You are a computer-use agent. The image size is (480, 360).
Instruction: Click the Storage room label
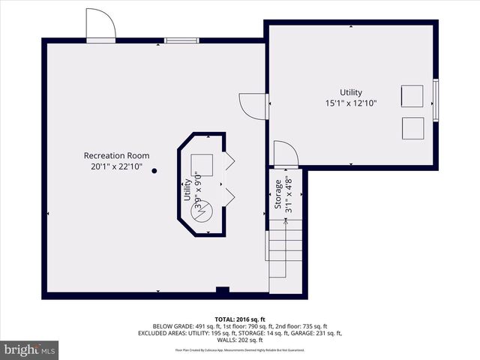click(x=277, y=196)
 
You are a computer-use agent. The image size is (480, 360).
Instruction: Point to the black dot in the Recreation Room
click(x=154, y=171)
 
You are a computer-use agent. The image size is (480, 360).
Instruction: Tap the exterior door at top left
click(x=100, y=28)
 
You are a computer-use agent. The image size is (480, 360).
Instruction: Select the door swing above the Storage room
click(x=286, y=154)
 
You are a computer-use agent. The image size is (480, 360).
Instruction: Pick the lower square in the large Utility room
click(x=412, y=128)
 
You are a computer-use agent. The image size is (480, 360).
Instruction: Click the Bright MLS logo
click(x=29, y=349)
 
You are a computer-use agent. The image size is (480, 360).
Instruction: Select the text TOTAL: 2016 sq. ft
click(x=239, y=319)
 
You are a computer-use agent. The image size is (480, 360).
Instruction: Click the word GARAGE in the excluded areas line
click(x=296, y=333)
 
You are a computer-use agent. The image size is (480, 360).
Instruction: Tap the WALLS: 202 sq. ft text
click(x=240, y=340)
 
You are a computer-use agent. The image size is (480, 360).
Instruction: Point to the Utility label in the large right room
click(x=350, y=92)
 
